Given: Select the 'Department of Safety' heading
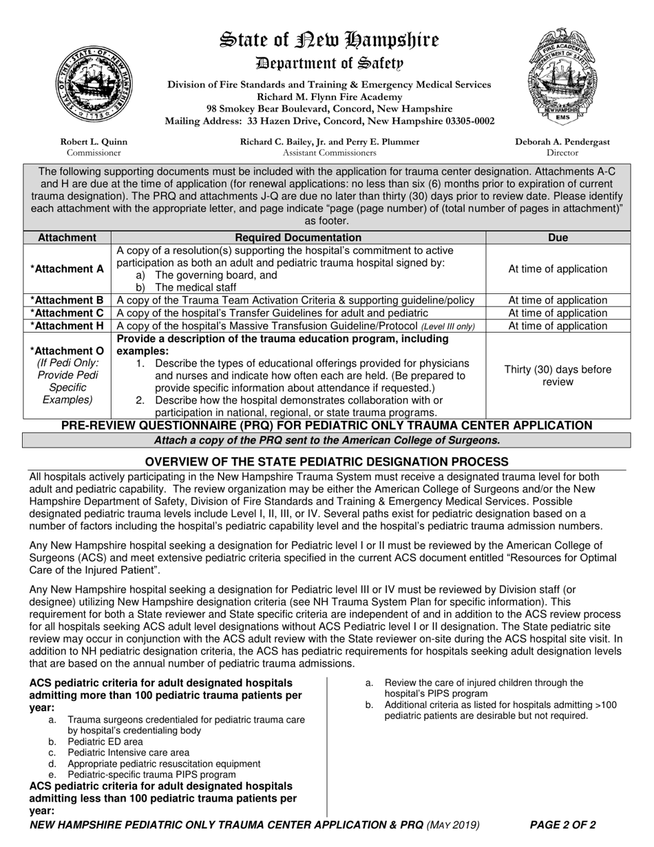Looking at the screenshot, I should point(328,63).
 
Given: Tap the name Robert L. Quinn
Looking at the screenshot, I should point(94,142).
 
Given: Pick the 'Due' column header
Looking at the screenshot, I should point(558,238).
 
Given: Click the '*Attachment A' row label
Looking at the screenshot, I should point(67,269).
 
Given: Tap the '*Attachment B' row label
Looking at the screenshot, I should point(67,300).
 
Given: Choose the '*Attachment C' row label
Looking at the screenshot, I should point(67,313).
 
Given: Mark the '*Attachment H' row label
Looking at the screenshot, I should point(67,326).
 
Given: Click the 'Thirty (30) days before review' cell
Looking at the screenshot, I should point(558,375).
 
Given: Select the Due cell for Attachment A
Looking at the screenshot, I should point(558,269).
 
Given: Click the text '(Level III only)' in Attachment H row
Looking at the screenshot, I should point(447,326).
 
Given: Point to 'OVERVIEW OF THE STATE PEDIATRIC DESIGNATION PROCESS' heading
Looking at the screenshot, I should point(327,461).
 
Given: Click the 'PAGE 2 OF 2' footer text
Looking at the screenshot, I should point(562,825).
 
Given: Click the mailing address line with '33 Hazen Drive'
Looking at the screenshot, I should point(329,121).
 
